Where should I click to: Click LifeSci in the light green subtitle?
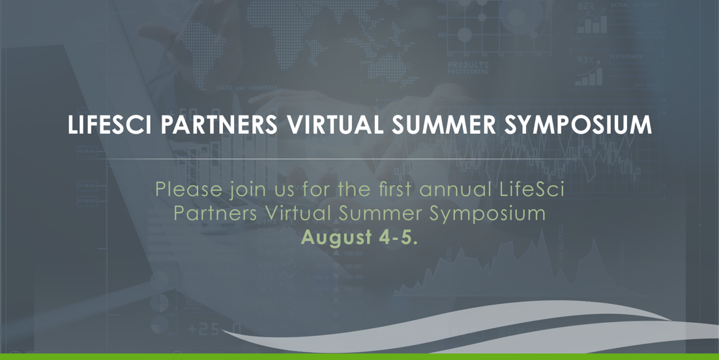(x=531, y=190)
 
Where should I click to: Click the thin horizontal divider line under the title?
(x=359, y=159)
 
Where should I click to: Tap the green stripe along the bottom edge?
(x=359, y=356)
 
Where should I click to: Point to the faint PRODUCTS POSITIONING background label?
(x=468, y=67)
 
